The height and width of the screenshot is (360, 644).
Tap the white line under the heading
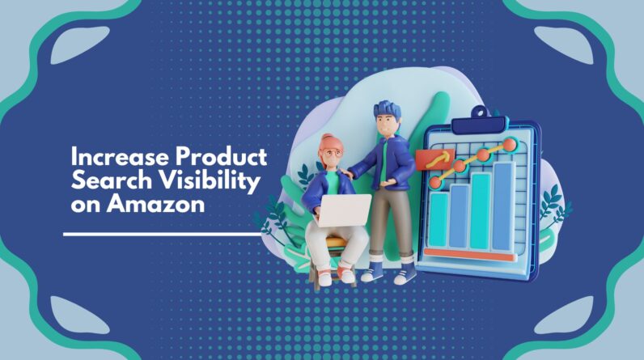pyautogui.click(x=162, y=234)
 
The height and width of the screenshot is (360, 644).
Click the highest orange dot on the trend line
pyautogui.click(x=510, y=144)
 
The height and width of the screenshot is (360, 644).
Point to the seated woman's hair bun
pyautogui.click(x=327, y=139)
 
